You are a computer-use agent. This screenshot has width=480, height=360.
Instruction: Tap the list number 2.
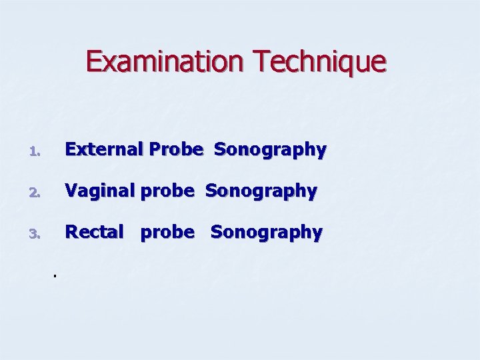click(37, 193)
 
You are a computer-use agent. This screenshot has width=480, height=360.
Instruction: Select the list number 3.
click(37, 235)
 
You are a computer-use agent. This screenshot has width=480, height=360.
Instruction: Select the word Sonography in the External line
click(270, 151)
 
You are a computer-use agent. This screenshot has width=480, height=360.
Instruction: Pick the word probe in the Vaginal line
click(169, 192)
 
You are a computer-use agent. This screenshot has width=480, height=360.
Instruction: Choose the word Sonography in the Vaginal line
click(261, 192)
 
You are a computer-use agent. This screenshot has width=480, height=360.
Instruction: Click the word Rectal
click(94, 232)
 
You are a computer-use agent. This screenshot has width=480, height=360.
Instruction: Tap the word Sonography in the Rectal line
click(267, 233)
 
